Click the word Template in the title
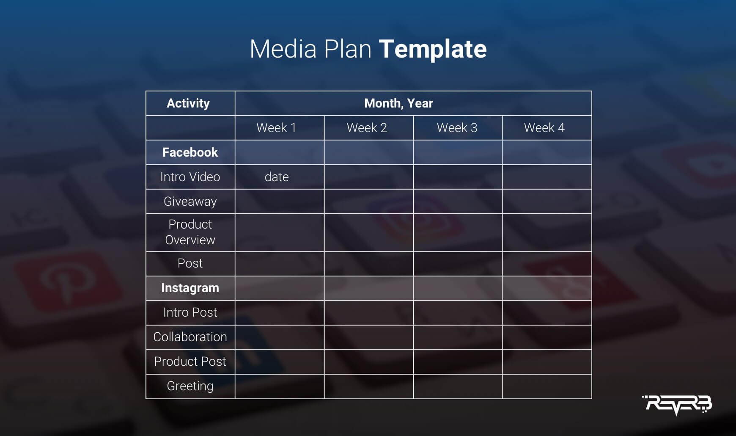(433, 49)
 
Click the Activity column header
(188, 103)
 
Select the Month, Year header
(398, 103)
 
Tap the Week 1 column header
(276, 128)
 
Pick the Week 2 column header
(367, 128)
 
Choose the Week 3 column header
(457, 128)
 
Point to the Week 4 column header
(544, 128)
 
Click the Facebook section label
(190, 152)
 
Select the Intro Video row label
(190, 177)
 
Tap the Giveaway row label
(190, 201)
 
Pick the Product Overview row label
(190, 232)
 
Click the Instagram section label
(190, 288)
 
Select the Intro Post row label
(190, 312)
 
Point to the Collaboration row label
(190, 337)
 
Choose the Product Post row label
(190, 361)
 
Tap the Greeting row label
(190, 386)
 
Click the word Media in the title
(283, 49)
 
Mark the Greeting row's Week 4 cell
(547, 386)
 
